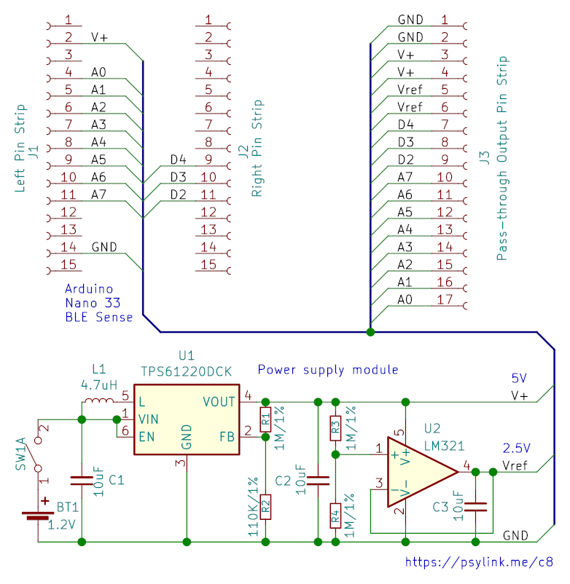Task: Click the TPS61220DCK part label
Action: pos(187,371)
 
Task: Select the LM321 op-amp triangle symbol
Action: pos(422,472)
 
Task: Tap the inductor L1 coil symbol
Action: pos(98,400)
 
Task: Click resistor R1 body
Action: pos(265,419)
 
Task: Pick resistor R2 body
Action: pos(265,507)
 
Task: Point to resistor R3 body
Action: pos(335,428)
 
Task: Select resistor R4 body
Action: pos(335,516)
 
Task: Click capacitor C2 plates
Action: pos(318,481)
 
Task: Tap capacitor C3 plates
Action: pos(475,507)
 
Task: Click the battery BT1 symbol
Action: pos(37,513)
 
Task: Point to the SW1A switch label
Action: pos(21,454)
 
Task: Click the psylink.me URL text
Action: pos(479,562)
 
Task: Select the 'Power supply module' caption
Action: pos(328,370)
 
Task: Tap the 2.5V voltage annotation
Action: pos(516,448)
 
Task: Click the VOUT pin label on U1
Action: pos(219,402)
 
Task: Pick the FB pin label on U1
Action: pos(227,437)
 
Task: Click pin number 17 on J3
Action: pos(445,299)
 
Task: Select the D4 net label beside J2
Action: pos(178,159)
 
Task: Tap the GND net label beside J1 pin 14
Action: pos(104,247)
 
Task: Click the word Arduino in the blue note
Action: pos(89,289)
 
